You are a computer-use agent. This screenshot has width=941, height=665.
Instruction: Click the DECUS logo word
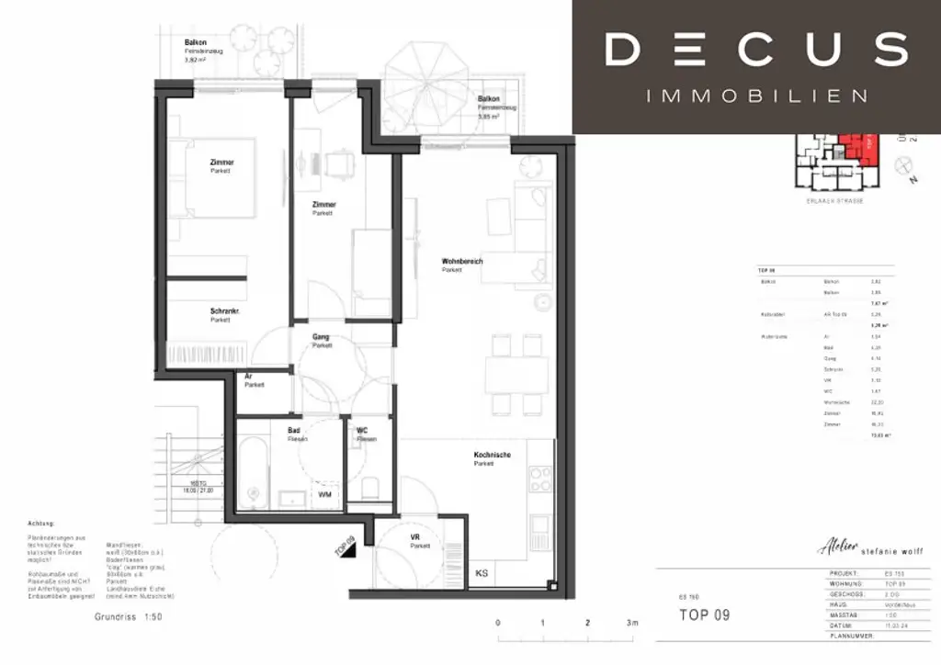(756, 50)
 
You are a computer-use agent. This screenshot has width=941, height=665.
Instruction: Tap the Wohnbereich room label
(462, 262)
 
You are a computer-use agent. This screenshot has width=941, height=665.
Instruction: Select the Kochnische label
(493, 456)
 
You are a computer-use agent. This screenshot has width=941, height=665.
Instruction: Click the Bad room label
(294, 430)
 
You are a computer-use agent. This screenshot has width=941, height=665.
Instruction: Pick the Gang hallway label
(320, 337)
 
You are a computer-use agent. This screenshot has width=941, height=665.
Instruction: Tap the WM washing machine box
(325, 495)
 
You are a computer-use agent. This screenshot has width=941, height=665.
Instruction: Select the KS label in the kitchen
(482, 573)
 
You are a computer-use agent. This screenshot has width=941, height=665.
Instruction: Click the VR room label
(414, 537)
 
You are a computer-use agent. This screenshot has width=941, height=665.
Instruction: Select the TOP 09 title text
(704, 614)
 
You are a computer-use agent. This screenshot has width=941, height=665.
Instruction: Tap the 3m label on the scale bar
(631, 623)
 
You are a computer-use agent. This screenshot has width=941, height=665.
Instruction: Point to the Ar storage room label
(248, 377)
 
